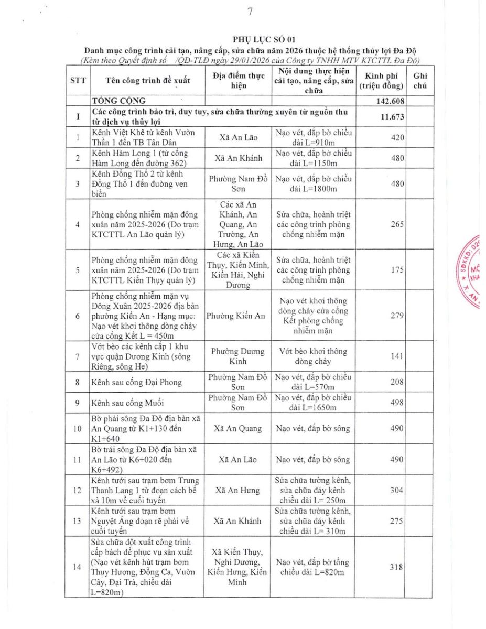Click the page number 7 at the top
pyautogui.click(x=250, y=12)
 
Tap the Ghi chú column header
pyautogui.click(x=420, y=80)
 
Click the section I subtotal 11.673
pyautogui.click(x=390, y=117)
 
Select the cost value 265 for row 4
pyautogui.click(x=396, y=224)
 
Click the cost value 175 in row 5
pyautogui.click(x=396, y=270)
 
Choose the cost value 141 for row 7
pyautogui.click(x=396, y=356)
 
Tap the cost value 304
pyautogui.click(x=396, y=490)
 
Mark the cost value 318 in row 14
pyautogui.click(x=396, y=567)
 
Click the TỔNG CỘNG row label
pyautogui.click(x=118, y=101)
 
